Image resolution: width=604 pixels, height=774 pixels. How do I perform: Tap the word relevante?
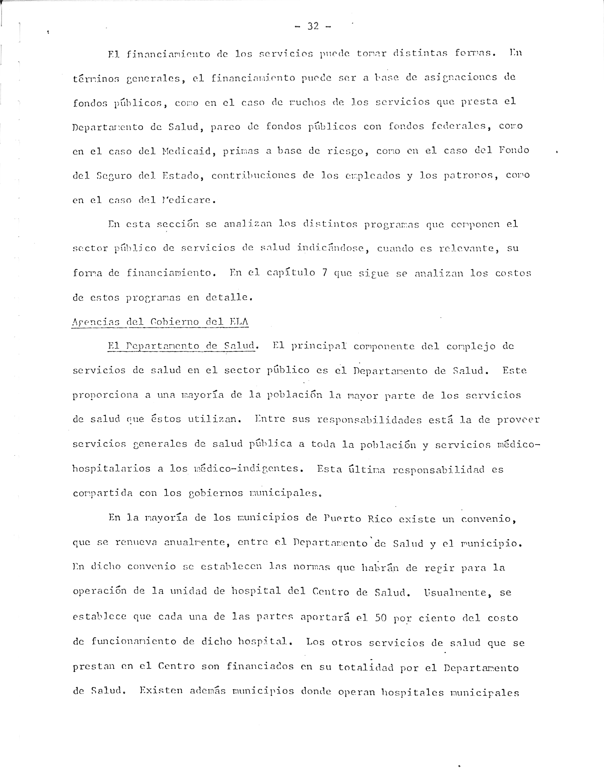pyautogui.click(x=469, y=248)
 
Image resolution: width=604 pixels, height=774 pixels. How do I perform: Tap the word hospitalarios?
pyautogui.click(x=111, y=469)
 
